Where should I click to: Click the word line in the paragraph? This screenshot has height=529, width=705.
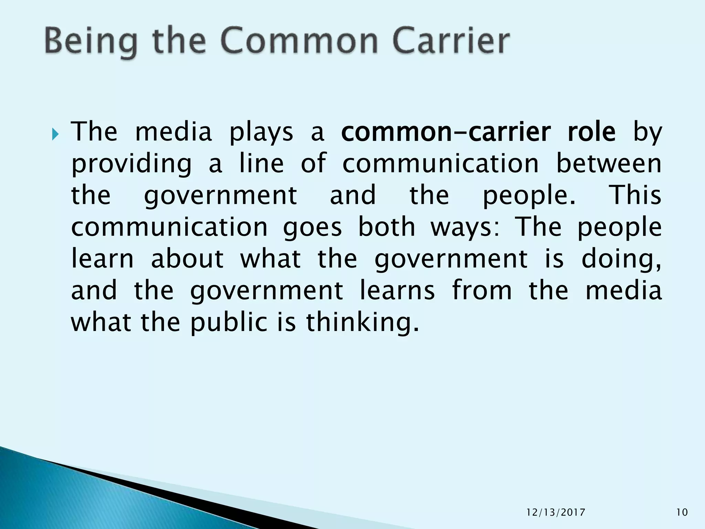[261, 163]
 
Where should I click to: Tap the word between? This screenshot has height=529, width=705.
[609, 163]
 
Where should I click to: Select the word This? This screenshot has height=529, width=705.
[635, 195]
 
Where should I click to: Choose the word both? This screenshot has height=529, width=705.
[387, 227]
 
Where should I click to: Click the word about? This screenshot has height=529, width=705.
[187, 258]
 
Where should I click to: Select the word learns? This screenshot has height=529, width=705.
[397, 290]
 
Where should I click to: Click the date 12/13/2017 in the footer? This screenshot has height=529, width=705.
[556, 512]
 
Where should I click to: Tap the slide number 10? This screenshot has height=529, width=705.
[682, 512]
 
